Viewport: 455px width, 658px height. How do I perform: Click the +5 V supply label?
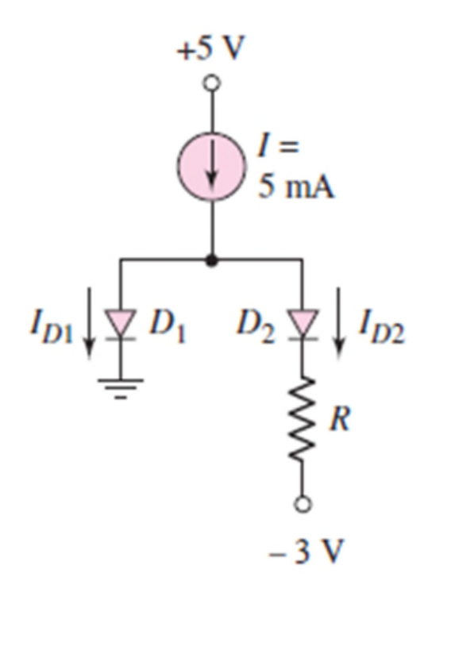point(210,48)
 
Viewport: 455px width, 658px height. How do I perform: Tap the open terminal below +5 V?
point(212,83)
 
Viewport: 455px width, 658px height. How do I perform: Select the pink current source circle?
point(211,166)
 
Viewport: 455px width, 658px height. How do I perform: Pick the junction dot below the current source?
point(212,260)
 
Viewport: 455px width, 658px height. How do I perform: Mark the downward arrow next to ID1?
point(89,323)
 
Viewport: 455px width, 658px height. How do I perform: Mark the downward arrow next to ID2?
point(339,323)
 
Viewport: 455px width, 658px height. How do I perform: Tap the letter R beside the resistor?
point(339,418)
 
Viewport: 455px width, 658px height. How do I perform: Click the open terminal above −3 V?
point(303,504)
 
